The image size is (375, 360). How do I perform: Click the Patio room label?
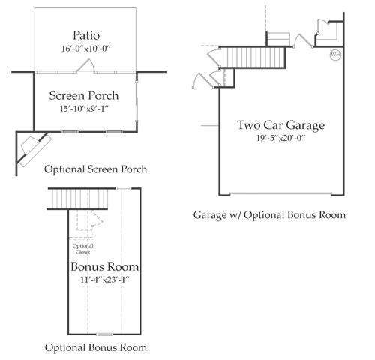pos(86,35)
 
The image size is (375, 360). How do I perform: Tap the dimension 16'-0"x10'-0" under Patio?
pos(86,49)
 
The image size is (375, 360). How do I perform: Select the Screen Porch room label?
pos(84,95)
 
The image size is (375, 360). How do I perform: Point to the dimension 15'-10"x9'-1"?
pos(84,109)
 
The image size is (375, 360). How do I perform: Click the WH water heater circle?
pos(335,55)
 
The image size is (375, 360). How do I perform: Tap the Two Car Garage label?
pos(281,125)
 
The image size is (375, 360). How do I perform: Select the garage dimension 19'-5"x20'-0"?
pos(281,138)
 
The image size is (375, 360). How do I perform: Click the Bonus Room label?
pos(105,266)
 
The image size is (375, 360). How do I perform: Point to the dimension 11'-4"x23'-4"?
pos(105,280)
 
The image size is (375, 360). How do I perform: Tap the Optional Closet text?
pos(82,249)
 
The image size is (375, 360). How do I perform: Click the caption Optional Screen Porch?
pos(95,169)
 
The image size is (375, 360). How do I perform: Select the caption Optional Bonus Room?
pos(96,347)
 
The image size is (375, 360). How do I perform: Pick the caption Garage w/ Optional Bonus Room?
pos(269,215)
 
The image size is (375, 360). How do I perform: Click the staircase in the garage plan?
pos(253,57)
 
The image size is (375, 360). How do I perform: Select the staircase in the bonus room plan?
pos(78,199)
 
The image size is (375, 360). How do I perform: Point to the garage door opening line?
pos(280,193)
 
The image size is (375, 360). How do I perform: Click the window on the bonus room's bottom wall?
pos(104,334)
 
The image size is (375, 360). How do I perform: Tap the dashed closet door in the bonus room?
pos(97,217)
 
